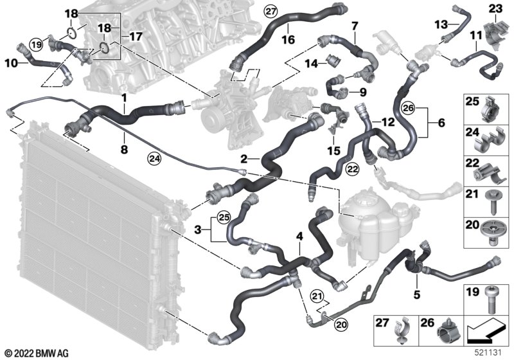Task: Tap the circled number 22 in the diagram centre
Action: click(353, 168)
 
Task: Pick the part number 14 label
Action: click(309, 63)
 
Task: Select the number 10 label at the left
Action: click(10, 63)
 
